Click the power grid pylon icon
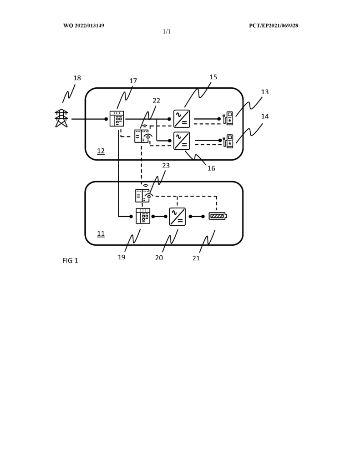[x=61, y=118]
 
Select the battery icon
[x=218, y=216]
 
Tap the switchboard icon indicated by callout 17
[x=117, y=119]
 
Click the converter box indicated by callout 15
[x=182, y=119]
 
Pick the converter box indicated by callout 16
[x=182, y=140]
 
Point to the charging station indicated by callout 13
[x=228, y=118]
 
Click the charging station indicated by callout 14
[x=228, y=141]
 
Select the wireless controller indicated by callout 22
[x=143, y=135]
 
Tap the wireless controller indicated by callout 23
[x=144, y=194]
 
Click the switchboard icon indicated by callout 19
[x=143, y=216]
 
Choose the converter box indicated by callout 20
[x=177, y=217]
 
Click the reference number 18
[x=77, y=78]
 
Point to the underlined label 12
[x=101, y=151]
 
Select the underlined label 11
[x=101, y=233]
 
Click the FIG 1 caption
[x=70, y=261]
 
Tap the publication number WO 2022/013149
[x=84, y=25]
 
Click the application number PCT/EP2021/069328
[x=274, y=25]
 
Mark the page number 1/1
[x=167, y=31]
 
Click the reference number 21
[x=196, y=258]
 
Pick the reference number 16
[x=211, y=168]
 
